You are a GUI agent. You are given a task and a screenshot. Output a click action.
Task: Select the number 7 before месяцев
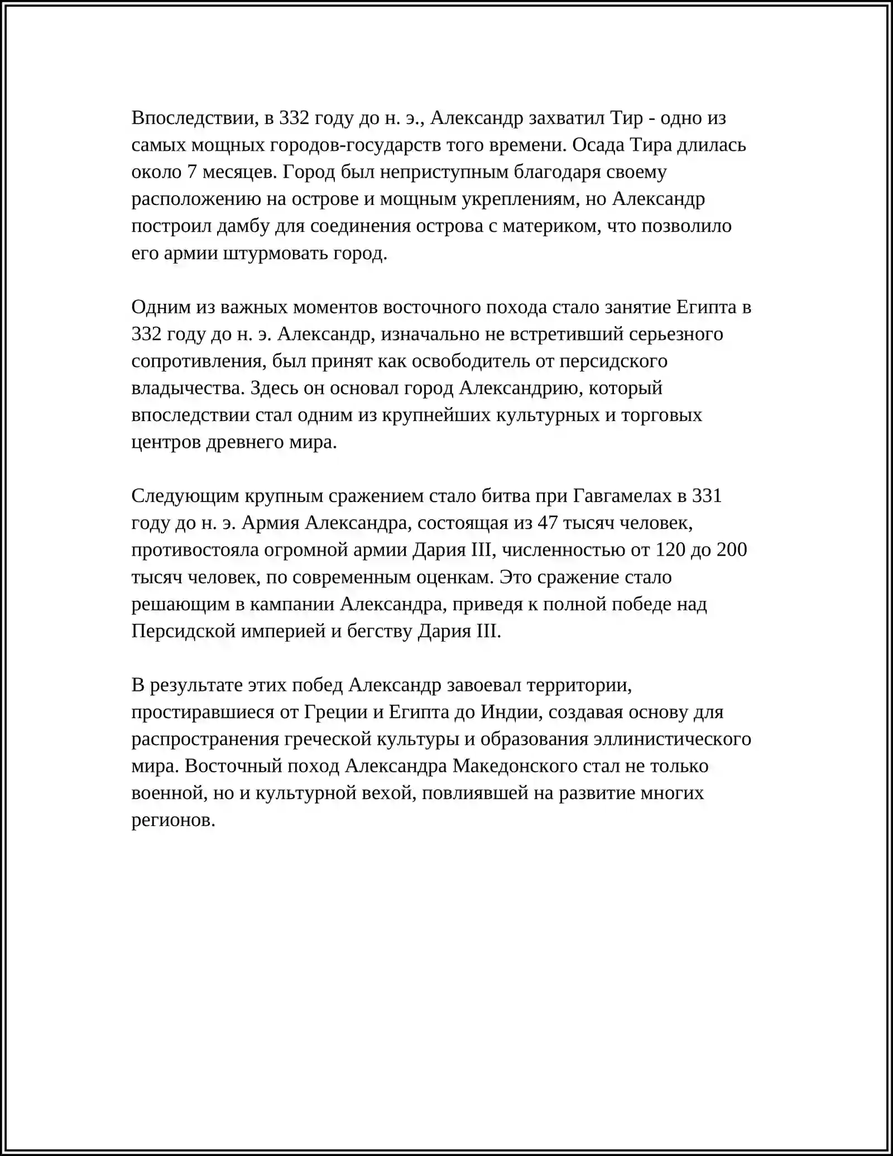click(x=191, y=172)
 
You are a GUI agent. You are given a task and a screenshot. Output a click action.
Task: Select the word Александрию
click(x=521, y=388)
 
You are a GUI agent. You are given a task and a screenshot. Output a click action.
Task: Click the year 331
click(x=707, y=496)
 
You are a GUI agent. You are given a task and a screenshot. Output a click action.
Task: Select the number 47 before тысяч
click(x=548, y=523)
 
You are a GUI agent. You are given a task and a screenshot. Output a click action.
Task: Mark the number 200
click(x=731, y=550)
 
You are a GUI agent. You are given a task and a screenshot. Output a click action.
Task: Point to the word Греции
click(x=336, y=713)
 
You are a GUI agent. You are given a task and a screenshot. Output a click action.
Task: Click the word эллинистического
click(x=672, y=739)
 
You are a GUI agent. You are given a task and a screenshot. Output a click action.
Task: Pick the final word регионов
click(x=173, y=820)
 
